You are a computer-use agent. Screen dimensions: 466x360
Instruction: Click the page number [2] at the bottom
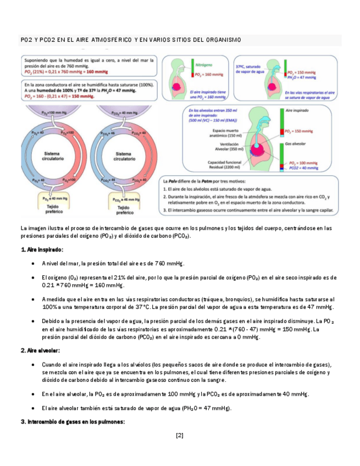[179, 435]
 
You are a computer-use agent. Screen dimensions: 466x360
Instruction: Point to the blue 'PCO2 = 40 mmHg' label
[305, 168]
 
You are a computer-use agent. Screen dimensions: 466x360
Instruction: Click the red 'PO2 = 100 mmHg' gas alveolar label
[306, 163]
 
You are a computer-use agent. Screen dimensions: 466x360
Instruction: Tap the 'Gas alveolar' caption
[297, 142]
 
